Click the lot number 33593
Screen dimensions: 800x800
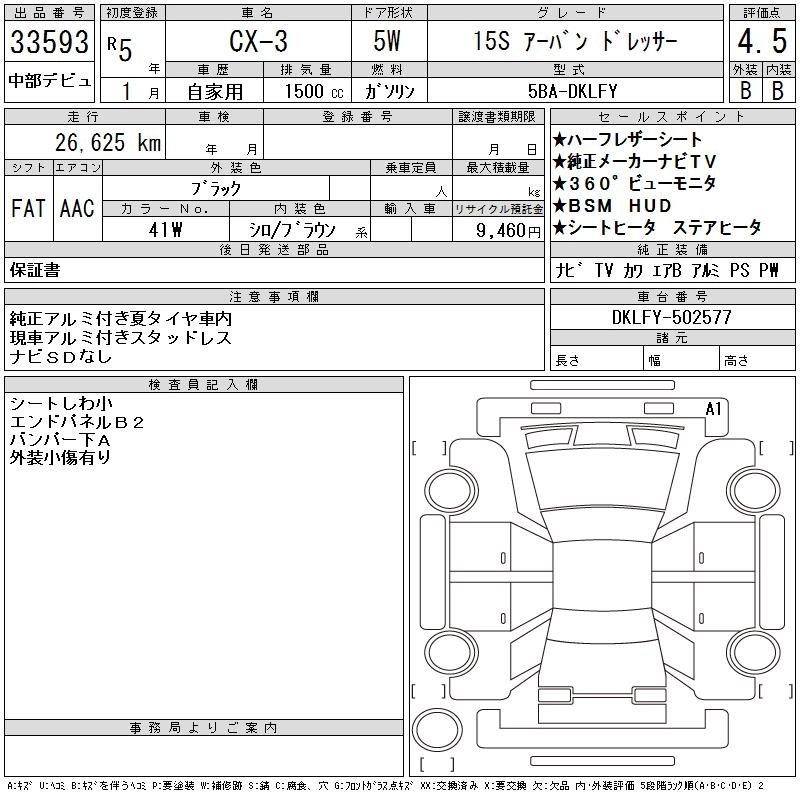pos(49,41)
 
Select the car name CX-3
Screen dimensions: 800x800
pos(258,41)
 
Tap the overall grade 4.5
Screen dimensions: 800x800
pos(762,41)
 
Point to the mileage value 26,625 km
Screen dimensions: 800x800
pos(108,142)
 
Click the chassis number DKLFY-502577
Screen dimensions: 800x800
pos(672,317)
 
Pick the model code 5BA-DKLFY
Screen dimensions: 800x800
pos(572,91)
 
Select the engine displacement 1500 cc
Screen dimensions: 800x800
pos(314,91)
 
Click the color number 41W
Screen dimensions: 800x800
pos(165,230)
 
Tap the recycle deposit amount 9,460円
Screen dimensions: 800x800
pos(508,231)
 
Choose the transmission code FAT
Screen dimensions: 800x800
pos(29,208)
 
